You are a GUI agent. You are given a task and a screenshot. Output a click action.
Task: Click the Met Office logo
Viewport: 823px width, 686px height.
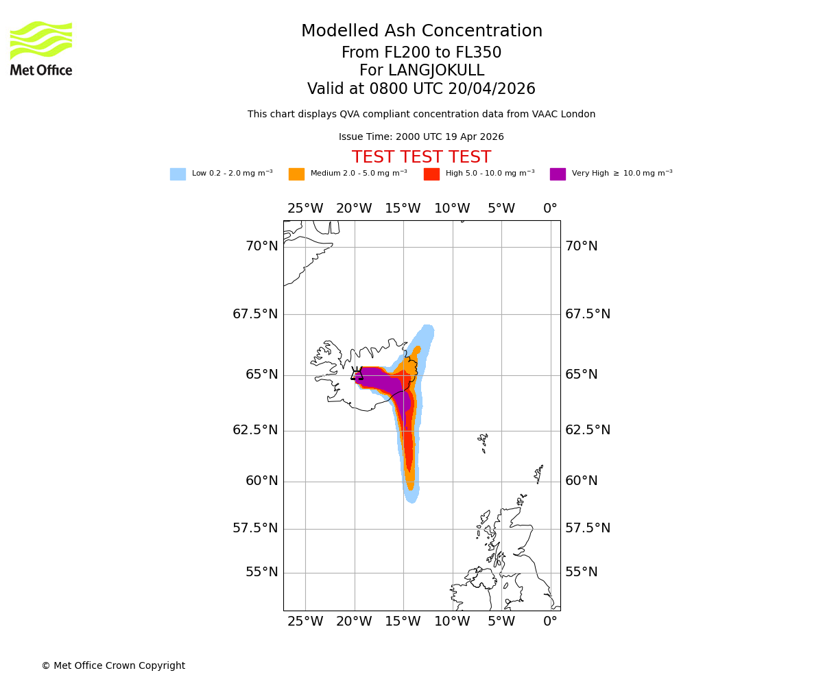(41, 48)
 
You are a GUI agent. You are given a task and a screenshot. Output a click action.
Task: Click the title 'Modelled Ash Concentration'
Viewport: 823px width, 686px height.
(422, 32)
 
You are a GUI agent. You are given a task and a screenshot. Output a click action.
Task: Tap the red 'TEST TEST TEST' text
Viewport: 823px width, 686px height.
(421, 158)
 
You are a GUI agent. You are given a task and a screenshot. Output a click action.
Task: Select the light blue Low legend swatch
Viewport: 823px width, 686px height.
(178, 174)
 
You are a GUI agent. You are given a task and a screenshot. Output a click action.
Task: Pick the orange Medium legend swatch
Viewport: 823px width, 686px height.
(296, 174)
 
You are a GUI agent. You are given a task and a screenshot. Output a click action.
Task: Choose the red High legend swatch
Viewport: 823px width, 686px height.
(431, 174)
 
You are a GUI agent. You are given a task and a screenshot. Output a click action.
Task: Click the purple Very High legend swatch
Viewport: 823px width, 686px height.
(558, 174)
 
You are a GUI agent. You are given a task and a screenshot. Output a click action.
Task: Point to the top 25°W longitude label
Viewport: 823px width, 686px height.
(305, 209)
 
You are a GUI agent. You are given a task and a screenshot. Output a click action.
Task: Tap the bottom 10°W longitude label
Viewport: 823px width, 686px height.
(452, 622)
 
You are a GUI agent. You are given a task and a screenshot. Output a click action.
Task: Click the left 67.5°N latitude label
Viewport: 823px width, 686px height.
(255, 314)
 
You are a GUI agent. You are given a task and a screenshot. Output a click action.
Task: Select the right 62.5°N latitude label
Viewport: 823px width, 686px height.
(587, 430)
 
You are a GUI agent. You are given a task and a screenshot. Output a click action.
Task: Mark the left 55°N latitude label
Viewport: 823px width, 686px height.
(262, 572)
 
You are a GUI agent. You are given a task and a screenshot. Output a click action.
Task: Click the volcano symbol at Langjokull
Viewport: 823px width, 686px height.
(357, 373)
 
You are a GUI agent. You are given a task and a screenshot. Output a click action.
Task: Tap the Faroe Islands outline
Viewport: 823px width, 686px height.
(484, 442)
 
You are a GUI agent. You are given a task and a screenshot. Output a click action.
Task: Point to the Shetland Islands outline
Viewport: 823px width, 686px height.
(538, 474)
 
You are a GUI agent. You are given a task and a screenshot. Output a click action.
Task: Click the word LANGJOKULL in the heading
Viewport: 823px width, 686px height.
(436, 71)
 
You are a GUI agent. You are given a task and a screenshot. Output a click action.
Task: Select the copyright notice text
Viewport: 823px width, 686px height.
(113, 666)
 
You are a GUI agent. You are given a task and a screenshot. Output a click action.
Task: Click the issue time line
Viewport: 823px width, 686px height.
(421, 137)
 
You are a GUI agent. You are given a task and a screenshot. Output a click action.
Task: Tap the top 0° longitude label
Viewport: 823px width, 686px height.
(550, 209)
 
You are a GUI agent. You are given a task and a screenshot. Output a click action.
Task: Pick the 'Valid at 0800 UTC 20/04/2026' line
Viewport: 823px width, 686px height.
(421, 89)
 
